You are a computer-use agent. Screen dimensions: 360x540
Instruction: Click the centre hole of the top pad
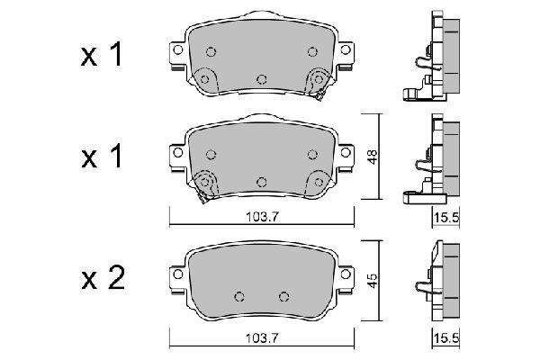pyautogui.click(x=261, y=78)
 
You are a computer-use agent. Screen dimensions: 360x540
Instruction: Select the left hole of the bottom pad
pyautogui.click(x=239, y=295)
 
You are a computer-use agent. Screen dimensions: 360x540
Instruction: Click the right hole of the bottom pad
pyautogui.click(x=283, y=295)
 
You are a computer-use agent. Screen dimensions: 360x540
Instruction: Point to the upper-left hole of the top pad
pyautogui.click(x=210, y=51)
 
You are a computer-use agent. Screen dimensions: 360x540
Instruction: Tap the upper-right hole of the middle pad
pyautogui.click(x=312, y=154)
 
